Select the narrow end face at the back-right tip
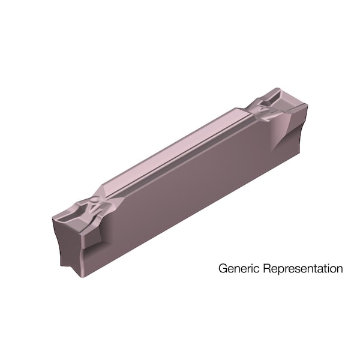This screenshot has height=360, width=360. [298, 123]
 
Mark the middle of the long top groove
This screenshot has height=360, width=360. [180, 150]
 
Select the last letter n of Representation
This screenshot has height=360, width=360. [340, 268]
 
